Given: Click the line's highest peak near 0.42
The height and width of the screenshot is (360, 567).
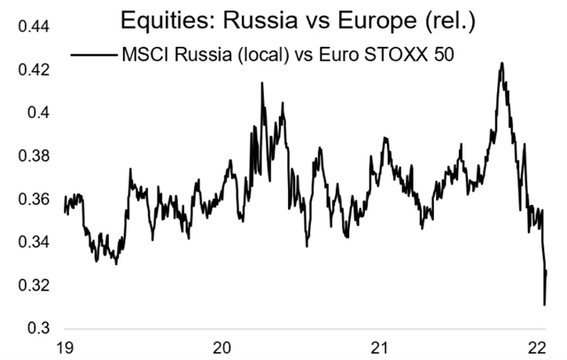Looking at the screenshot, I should click(502, 63).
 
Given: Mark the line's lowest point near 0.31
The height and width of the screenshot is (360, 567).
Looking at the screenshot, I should click(544, 304).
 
